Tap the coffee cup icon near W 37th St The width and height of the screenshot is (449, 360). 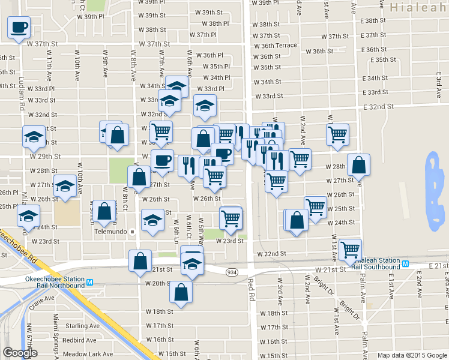(x=19, y=28)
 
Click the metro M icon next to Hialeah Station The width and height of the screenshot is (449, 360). (x=406, y=263)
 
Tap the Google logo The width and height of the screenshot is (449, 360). (x=20, y=353)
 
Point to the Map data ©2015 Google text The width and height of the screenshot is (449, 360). (x=412, y=355)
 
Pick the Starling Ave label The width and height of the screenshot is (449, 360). (x=84, y=326)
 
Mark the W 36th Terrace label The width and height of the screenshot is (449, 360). (x=275, y=46)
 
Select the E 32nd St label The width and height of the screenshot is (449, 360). (x=378, y=106)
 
